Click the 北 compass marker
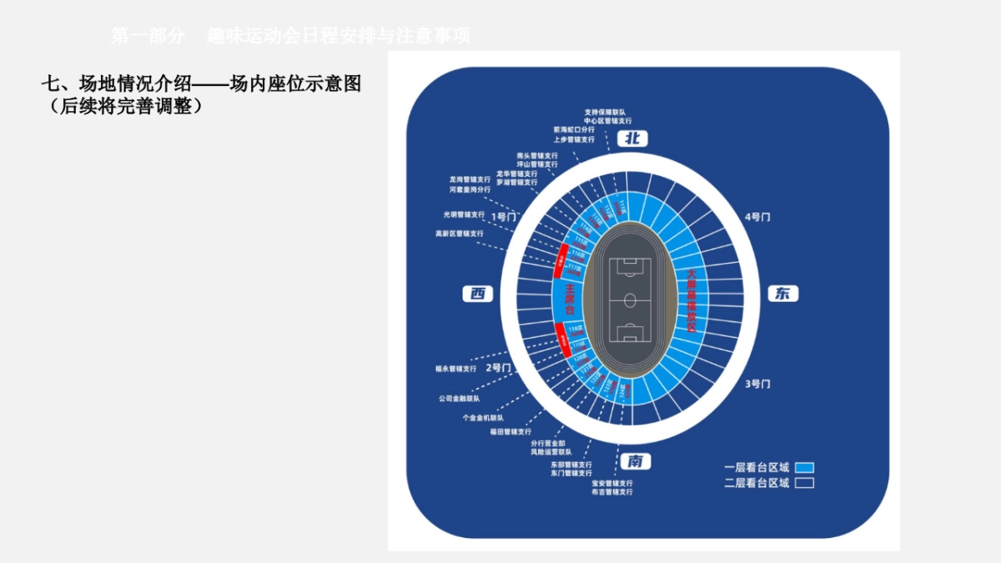point(633,139)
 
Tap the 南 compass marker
point(635,461)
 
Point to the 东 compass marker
point(782,294)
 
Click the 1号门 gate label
point(504,217)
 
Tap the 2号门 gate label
point(497,367)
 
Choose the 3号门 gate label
point(757,384)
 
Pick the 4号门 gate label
point(757,217)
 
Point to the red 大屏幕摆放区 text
point(691,299)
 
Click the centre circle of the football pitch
point(631,299)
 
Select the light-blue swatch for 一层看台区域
point(804,468)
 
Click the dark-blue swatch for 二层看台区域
point(804,483)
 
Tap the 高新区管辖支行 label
point(459,234)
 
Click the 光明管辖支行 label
point(464,214)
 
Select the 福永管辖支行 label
point(455,368)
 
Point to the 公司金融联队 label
point(458,399)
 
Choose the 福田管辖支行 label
point(511,432)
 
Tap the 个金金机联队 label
point(483,418)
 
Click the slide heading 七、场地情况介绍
point(117,84)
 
